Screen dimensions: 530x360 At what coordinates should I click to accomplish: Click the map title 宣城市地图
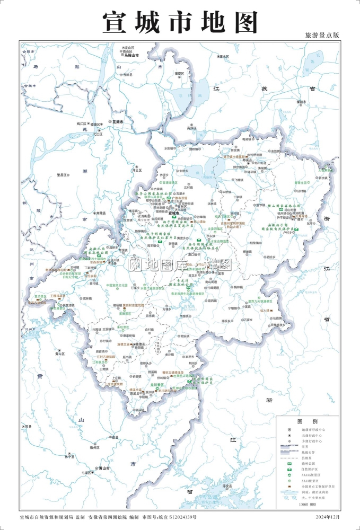tap(180, 22)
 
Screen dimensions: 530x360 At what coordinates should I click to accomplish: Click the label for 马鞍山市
tap(130, 55)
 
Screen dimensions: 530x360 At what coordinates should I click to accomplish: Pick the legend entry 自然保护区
tap(310, 470)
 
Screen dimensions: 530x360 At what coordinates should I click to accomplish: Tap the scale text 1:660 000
tap(308, 505)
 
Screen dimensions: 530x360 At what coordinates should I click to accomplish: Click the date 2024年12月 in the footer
tap(326, 516)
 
